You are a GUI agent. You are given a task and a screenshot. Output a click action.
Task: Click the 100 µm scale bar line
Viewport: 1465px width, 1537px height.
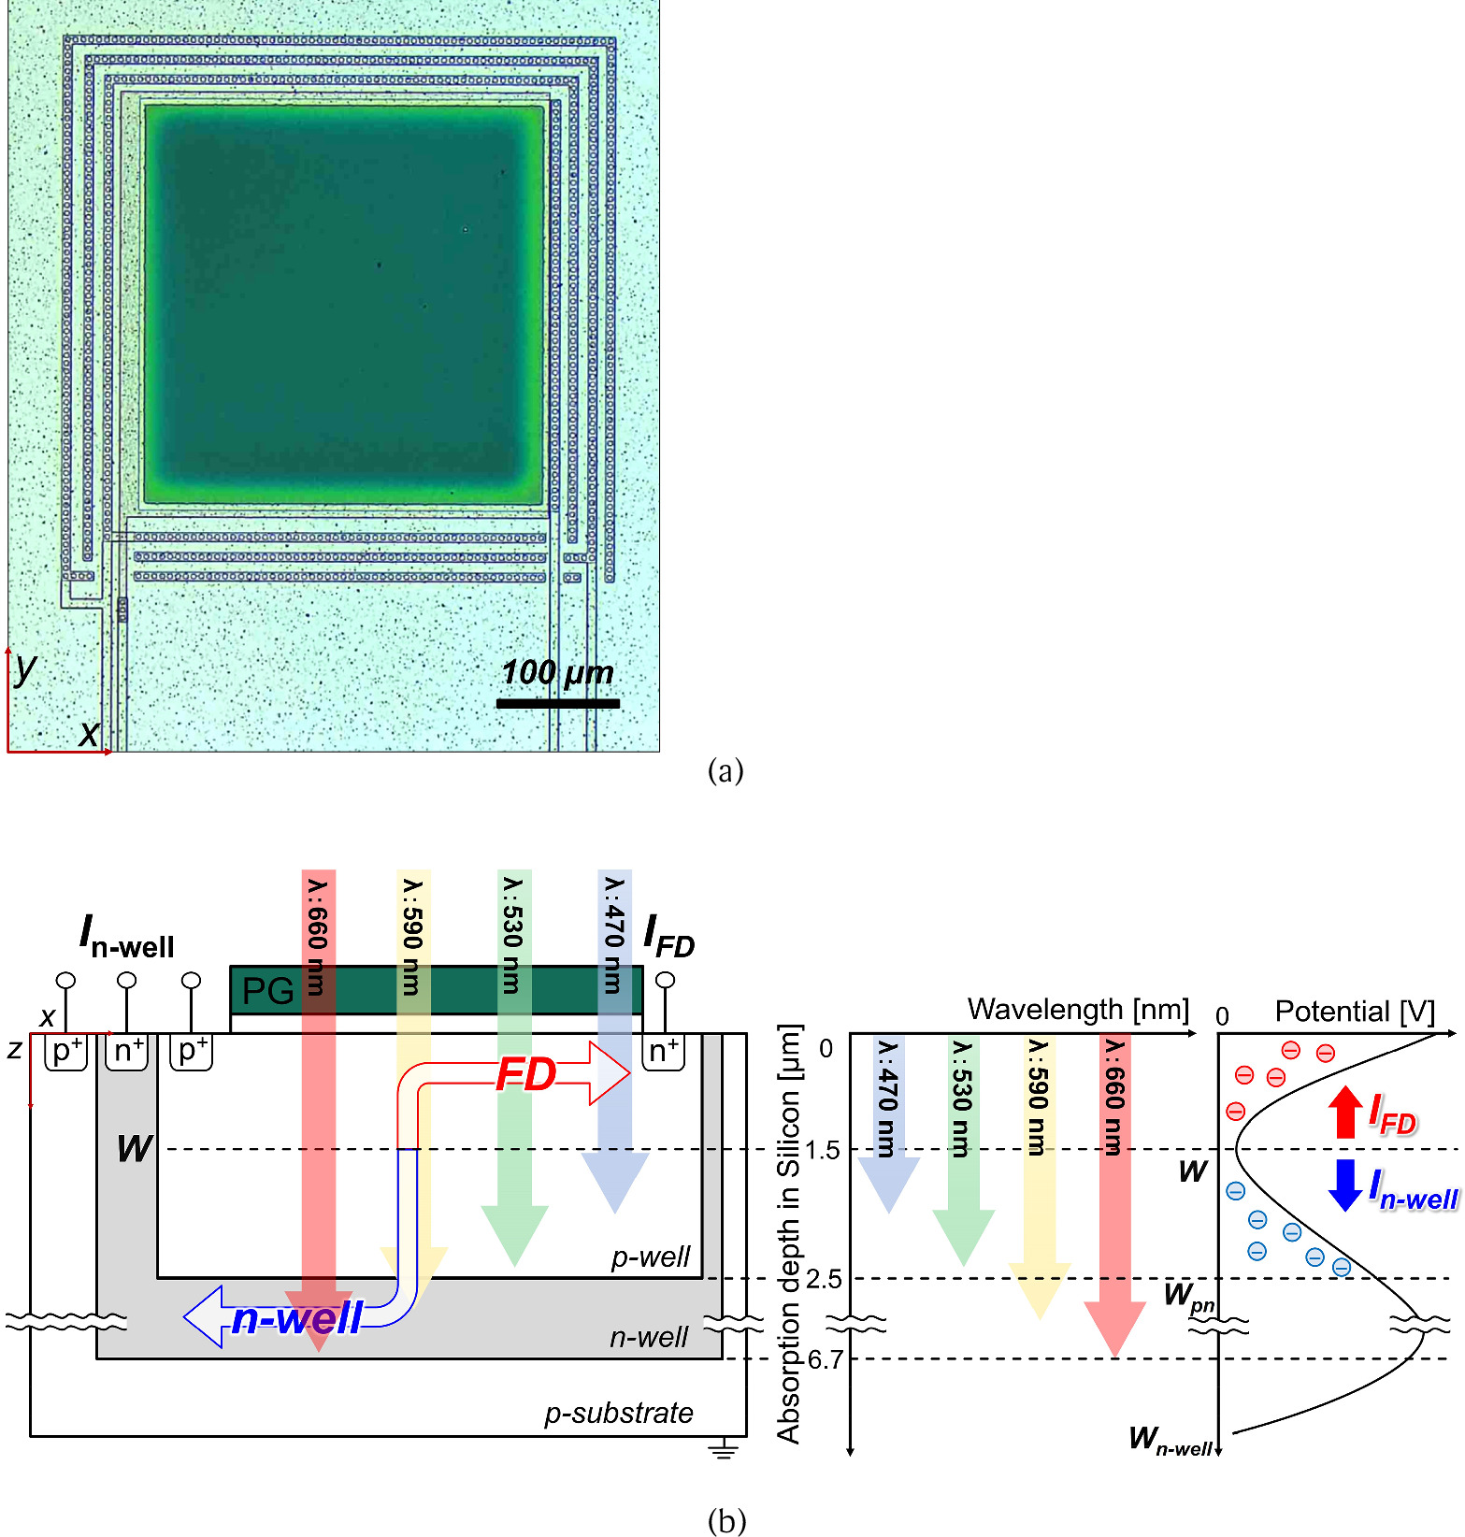tap(557, 703)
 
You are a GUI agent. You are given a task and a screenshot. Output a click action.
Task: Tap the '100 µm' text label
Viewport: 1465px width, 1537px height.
tap(557, 672)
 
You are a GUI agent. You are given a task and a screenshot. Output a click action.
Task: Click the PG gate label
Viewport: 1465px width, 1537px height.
tap(267, 991)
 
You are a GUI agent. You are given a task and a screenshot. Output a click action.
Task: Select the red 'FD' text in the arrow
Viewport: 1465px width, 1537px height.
tap(526, 1075)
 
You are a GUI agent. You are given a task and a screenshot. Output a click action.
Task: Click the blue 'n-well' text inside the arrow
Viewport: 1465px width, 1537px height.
tap(297, 1318)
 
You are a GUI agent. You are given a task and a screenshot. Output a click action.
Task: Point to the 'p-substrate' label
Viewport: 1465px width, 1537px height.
tap(619, 1413)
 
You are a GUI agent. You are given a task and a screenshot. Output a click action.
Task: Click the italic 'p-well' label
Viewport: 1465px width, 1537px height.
tap(651, 1257)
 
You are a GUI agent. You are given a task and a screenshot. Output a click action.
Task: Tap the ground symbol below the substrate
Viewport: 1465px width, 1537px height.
tap(723, 1450)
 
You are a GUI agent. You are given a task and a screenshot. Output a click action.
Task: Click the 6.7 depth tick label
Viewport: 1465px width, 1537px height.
tap(826, 1359)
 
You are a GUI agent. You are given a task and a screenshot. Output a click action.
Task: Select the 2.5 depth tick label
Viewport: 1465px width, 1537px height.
tap(824, 1279)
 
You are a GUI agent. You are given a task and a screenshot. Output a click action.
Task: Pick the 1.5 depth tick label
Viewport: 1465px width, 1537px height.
tap(824, 1150)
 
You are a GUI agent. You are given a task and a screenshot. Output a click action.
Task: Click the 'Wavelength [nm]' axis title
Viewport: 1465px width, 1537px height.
tap(1078, 1010)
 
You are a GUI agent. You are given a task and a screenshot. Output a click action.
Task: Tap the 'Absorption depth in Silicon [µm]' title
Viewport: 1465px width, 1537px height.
tap(789, 1234)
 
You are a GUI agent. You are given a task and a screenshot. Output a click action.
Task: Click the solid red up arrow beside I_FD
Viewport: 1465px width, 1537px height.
tap(1345, 1111)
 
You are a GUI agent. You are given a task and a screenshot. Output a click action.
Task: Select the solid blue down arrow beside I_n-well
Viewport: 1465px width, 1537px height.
tap(1345, 1185)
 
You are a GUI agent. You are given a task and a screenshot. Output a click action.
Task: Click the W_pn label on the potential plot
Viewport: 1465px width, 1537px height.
tap(1187, 1297)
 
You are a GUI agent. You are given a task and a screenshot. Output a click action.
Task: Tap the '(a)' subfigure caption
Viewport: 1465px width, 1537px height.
tap(725, 771)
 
